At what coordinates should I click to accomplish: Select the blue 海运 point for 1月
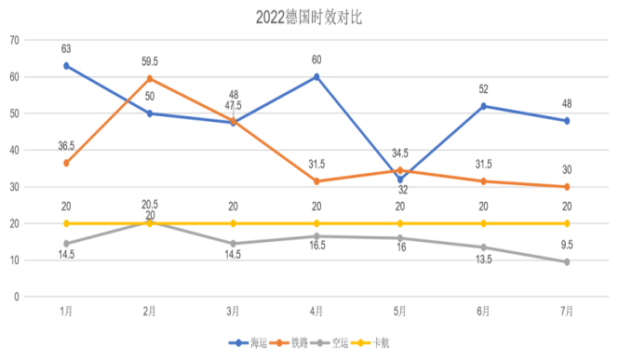(x=66, y=66)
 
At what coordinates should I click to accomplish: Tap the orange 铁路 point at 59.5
(x=150, y=78)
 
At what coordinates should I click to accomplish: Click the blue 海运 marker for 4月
(x=316, y=76)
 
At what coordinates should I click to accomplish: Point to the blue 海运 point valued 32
(x=400, y=179)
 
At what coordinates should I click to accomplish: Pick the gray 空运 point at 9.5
(x=566, y=261)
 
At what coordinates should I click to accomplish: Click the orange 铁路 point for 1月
(x=66, y=163)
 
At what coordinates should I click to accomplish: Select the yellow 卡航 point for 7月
(x=566, y=223)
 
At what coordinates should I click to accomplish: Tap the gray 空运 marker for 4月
(x=316, y=236)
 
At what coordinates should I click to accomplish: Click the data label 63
(x=66, y=48)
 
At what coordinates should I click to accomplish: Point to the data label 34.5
(x=400, y=152)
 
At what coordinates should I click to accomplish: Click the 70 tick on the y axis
(x=14, y=40)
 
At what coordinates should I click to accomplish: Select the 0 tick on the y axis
(x=17, y=297)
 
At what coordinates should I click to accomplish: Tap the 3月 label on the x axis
(x=233, y=312)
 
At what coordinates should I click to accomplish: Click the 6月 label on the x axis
(x=482, y=312)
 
